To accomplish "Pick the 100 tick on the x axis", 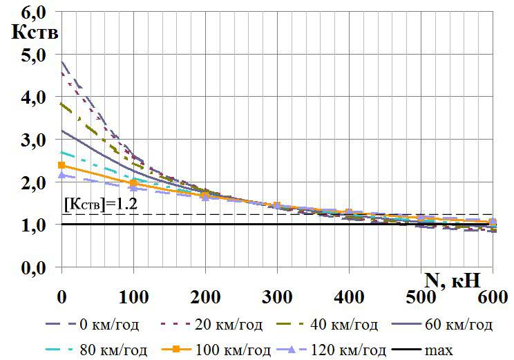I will [133, 299].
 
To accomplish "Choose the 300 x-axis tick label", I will [277, 299].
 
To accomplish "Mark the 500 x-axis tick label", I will [421, 299].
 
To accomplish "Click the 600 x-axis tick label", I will [492, 299].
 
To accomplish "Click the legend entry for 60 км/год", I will [443, 323].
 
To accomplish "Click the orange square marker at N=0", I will [61, 166].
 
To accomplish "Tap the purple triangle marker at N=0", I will [61, 176].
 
